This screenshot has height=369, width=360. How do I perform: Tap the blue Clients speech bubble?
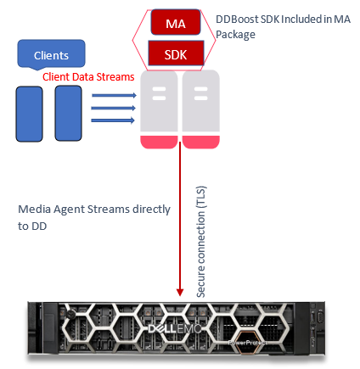click(51, 56)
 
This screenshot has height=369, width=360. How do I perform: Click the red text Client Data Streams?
click(88, 76)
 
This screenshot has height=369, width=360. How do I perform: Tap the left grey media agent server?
click(158, 102)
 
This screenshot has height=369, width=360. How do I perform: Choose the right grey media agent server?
click(200, 102)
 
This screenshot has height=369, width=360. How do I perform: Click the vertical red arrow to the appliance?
click(181, 221)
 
